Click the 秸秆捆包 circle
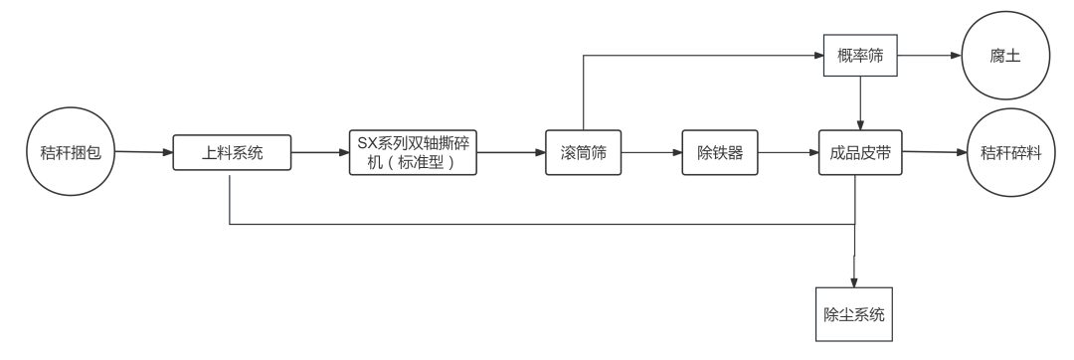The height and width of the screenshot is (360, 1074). pyautogui.click(x=70, y=153)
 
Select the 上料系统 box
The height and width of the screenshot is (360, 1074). pyautogui.click(x=232, y=153)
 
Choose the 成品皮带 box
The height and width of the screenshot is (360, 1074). pyautogui.click(x=859, y=153)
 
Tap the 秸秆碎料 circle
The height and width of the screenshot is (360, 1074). pyautogui.click(x=1010, y=153)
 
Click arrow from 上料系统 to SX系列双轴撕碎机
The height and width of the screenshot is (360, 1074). pyautogui.click(x=320, y=153)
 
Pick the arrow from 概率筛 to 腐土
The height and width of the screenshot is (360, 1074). pyautogui.click(x=930, y=57)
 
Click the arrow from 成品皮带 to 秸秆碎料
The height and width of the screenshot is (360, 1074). pyautogui.click(x=935, y=153)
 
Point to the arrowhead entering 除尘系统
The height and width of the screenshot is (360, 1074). pyautogui.click(x=854, y=281)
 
